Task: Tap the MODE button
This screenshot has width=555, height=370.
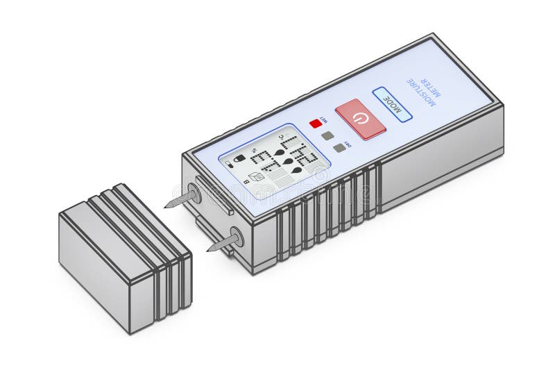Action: point(392,103)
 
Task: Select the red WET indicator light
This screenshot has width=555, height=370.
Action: point(316,124)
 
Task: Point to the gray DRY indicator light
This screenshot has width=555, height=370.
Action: point(339,147)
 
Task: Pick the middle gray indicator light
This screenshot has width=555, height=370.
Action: point(327,135)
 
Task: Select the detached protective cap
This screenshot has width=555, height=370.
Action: point(125,258)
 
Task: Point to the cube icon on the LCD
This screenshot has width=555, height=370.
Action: point(257,177)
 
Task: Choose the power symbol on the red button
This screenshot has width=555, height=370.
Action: point(358,119)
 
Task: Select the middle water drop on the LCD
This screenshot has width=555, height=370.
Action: point(288,161)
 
